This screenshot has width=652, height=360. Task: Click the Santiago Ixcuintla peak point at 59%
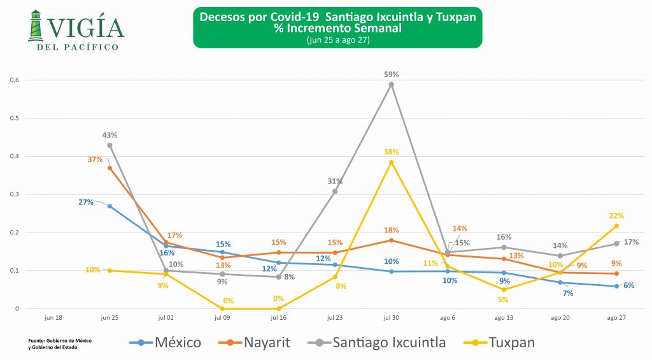(392, 85)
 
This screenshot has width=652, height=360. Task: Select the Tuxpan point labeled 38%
(392, 162)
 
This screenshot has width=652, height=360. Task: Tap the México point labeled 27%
(110, 206)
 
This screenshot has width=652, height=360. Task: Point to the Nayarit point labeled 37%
(110, 168)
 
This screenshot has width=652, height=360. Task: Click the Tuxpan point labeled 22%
(616, 226)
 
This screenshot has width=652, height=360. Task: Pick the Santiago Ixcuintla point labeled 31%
(335, 191)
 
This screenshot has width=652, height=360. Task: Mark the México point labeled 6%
(616, 286)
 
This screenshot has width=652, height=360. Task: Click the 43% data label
(110, 135)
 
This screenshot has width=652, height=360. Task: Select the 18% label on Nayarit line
(391, 230)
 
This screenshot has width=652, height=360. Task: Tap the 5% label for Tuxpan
(503, 299)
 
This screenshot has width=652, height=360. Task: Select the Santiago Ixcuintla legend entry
(379, 342)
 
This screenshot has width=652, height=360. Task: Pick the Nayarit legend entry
(260, 342)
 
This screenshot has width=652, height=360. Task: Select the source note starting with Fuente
(60, 343)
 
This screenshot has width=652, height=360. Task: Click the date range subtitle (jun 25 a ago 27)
(337, 41)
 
